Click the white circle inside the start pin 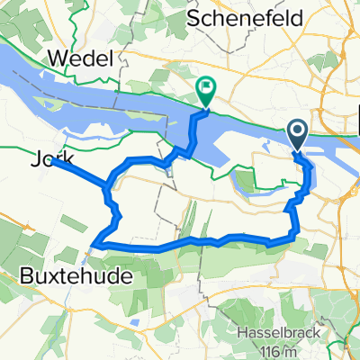click(298, 131)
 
